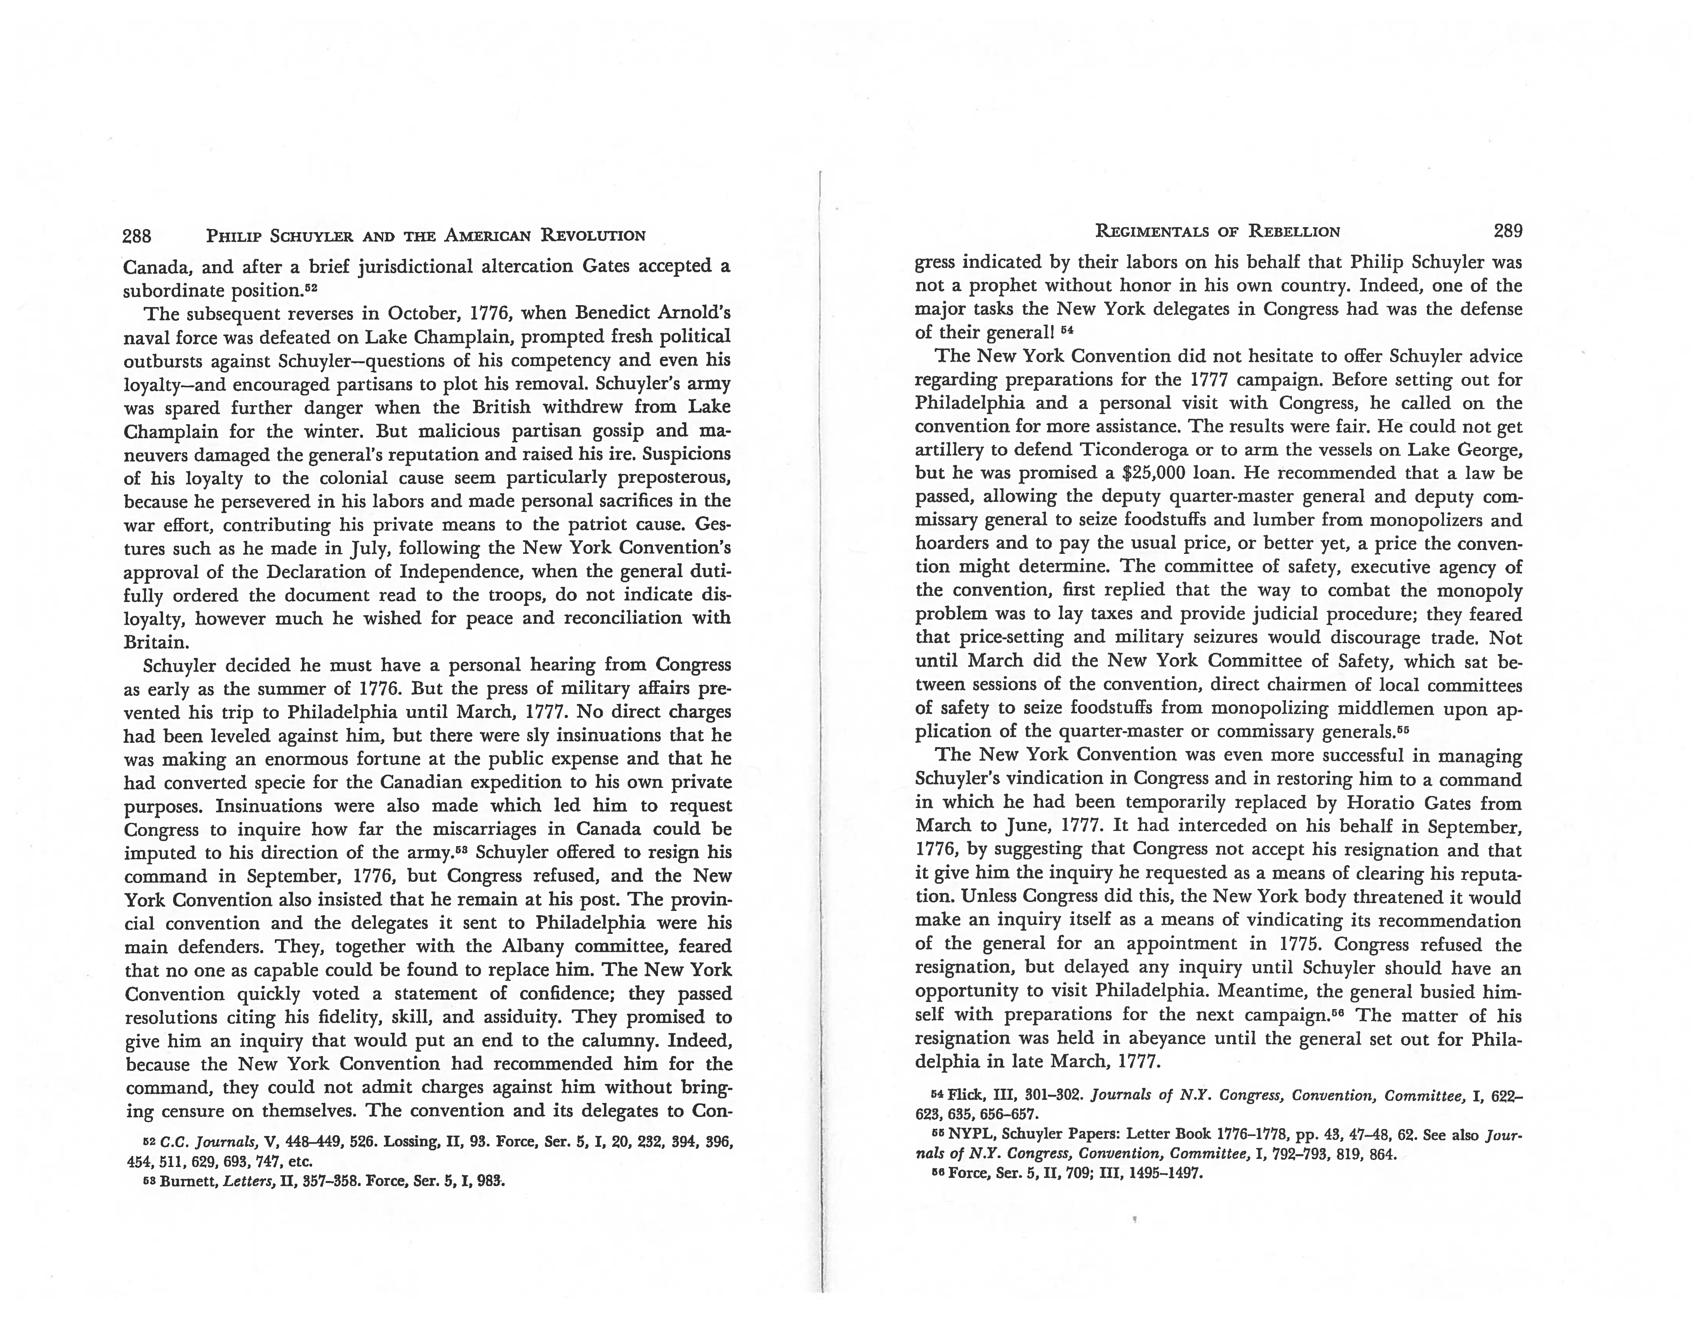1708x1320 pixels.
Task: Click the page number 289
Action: pos(1508,231)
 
